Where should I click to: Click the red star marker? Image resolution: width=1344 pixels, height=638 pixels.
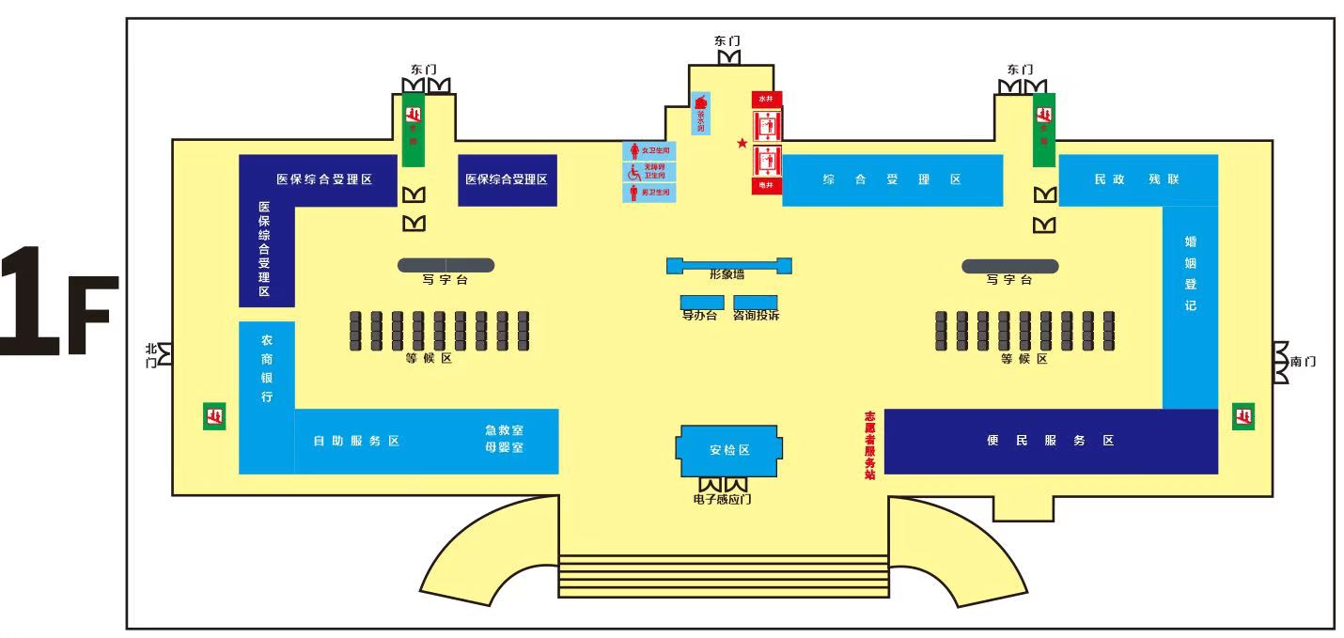pos(742,143)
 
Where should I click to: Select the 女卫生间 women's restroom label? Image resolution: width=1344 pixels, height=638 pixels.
pos(649,150)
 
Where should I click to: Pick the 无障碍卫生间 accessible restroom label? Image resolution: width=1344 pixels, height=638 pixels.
pos(649,172)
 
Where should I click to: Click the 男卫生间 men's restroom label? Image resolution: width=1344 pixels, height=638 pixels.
pos(649,193)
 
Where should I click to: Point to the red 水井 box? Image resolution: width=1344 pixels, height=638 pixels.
pos(766,98)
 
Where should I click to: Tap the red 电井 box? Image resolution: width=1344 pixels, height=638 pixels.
pos(766,186)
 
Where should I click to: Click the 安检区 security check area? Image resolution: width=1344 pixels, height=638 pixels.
pos(729,450)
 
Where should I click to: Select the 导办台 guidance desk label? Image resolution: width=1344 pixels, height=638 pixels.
pos(699,316)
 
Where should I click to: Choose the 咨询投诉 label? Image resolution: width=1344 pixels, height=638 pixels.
pos(756,316)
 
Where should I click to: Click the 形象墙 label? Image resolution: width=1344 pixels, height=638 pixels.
pos(727,274)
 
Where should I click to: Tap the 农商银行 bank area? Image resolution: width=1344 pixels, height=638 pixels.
pos(267,368)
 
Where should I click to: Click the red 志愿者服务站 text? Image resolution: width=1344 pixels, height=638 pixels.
pos(869,444)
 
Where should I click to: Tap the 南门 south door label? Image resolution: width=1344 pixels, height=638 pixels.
pos(1304,362)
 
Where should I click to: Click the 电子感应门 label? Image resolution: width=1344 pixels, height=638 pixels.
pos(722,500)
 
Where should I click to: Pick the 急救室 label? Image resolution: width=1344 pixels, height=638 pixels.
pos(504,430)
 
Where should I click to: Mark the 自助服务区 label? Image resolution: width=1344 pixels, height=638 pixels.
pos(357,441)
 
